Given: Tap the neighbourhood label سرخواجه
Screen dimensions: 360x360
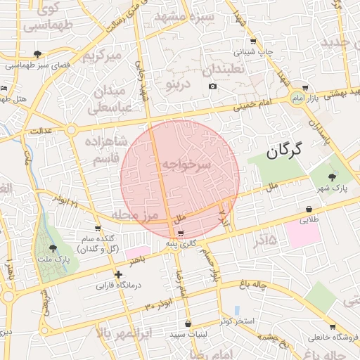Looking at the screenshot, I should coord(186,164).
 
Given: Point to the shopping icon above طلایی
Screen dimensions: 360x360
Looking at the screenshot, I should coord(309,209).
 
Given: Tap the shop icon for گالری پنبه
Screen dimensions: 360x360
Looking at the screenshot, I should coord(181,233).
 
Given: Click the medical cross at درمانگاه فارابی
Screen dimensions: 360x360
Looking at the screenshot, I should coord(118,275).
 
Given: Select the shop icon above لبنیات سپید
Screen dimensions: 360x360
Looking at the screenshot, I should coord(187,323).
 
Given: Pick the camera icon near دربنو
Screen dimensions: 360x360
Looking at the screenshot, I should coord(212,86).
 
